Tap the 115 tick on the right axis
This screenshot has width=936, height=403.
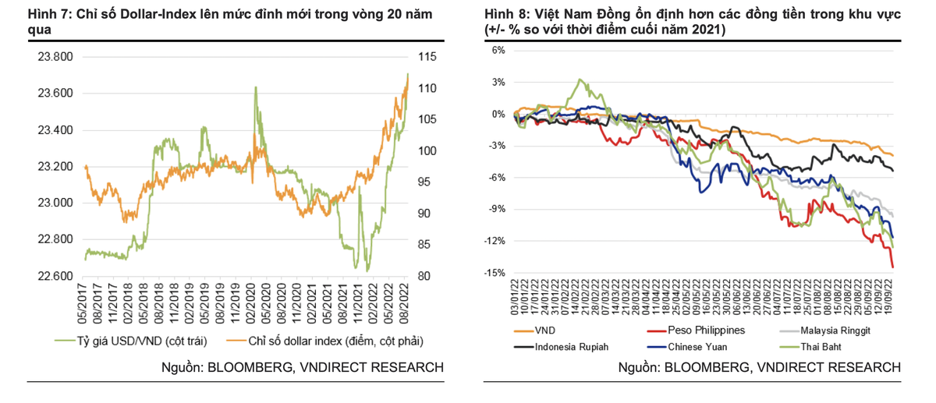tap(427, 57)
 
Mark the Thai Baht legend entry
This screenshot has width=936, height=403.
tap(822, 347)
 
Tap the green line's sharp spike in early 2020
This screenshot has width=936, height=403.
tap(255, 87)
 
